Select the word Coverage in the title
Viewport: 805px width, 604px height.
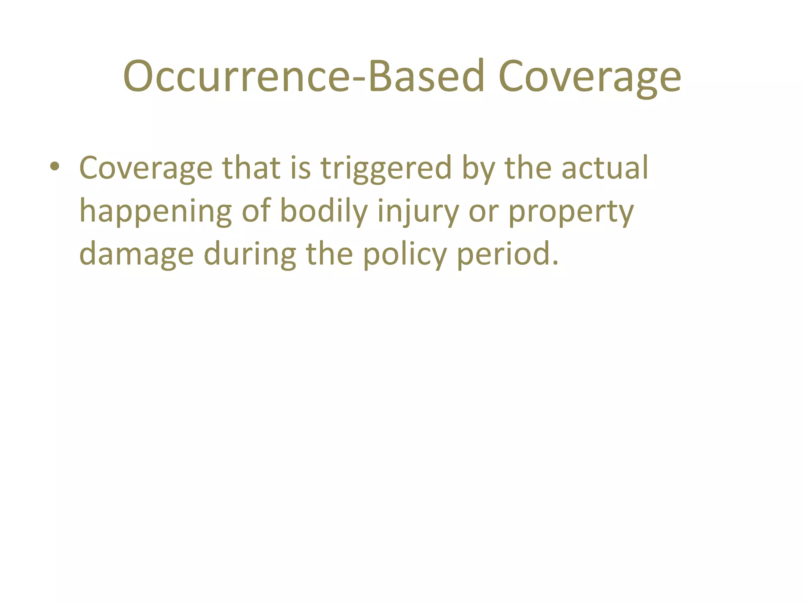click(x=590, y=77)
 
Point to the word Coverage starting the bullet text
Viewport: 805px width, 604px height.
click(x=146, y=168)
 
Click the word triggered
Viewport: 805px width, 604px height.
click(x=386, y=168)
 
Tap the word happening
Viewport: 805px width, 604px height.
click(x=156, y=212)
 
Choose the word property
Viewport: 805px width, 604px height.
click(x=571, y=212)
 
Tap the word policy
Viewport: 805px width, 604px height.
click(x=404, y=255)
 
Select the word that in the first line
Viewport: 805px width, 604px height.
click(x=252, y=168)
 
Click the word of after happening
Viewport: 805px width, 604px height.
click(x=256, y=212)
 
